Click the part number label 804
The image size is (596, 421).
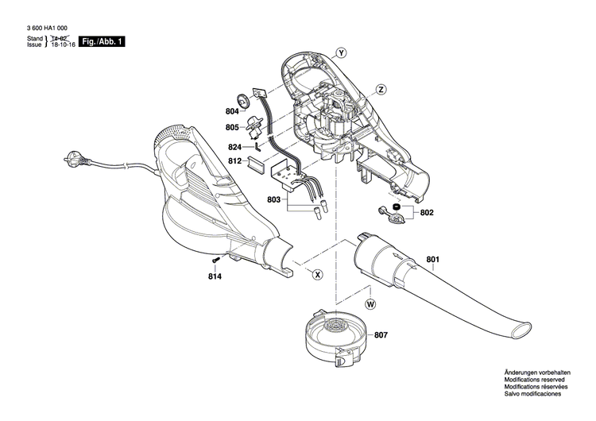[x=232, y=112]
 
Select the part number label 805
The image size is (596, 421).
[x=232, y=127]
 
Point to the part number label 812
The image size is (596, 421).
[x=234, y=161]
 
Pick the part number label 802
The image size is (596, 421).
[x=427, y=213]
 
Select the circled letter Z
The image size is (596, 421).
[x=381, y=89]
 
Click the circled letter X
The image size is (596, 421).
[x=317, y=274]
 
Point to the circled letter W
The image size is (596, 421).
[x=370, y=304]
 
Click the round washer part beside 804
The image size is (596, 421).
[x=257, y=100]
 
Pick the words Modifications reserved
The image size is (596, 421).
[x=537, y=380]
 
